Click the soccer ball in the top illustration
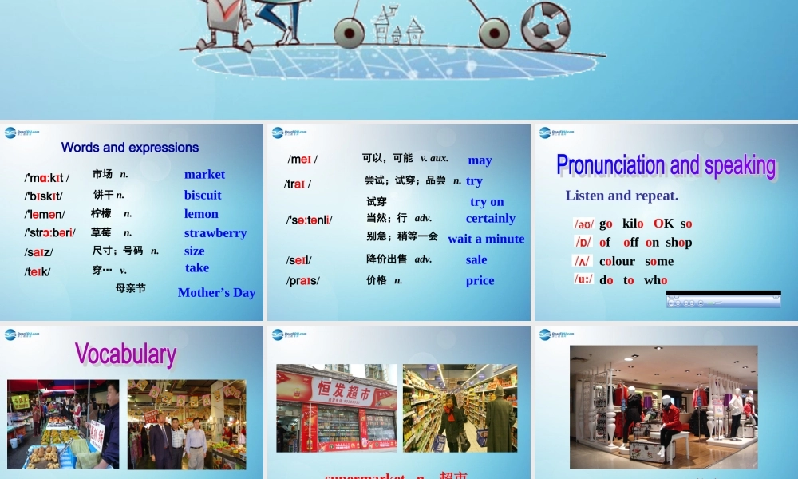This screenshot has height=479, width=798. pos(546,26)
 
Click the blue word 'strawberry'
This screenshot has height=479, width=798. pos(215,233)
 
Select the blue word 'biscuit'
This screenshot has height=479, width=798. pos(203,195)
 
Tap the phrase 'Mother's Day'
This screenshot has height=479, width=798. pos(216,293)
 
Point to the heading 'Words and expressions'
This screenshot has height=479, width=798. pos(130,148)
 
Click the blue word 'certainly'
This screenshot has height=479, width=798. pos(491,219)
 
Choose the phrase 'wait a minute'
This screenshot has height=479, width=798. pos(486,239)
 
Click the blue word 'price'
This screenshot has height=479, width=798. pos(480,281)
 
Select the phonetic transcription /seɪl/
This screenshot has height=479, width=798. pos(298,260)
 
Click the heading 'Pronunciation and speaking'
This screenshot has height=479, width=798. pos(666,165)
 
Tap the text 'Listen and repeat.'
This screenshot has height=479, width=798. pos(622,196)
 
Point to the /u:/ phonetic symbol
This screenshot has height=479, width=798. pos(583,279)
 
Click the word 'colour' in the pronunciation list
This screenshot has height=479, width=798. pos(618,261)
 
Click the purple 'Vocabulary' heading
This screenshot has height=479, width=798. pos(125,354)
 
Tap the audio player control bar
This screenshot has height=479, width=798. pos(723,301)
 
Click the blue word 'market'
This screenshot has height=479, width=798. pos(204,175)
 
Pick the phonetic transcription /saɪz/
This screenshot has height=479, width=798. pos(38,252)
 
